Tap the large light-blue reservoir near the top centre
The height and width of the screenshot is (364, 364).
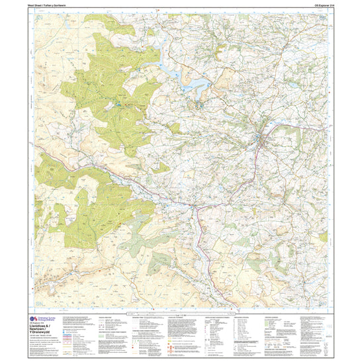click(x=195, y=85)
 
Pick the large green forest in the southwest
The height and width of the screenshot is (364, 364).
click(x=99, y=205)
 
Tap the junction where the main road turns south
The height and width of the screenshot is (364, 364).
click(x=195, y=211)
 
